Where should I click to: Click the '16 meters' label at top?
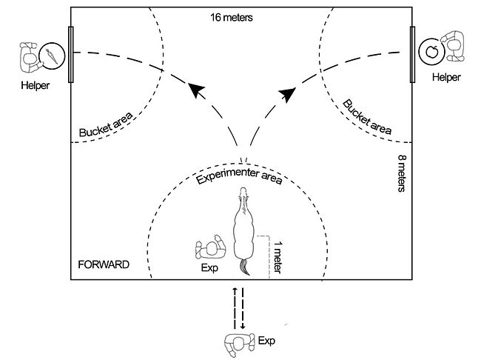232,17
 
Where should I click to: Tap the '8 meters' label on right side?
401,173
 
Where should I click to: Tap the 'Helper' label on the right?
445,77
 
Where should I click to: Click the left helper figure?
30,56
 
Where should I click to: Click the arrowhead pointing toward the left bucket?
195,91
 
